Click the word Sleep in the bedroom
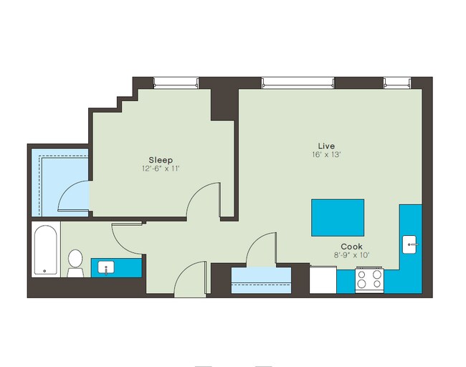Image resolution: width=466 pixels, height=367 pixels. (x=161, y=159)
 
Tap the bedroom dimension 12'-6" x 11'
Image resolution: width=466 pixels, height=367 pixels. (x=161, y=169)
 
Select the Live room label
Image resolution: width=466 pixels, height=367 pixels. (x=327, y=146)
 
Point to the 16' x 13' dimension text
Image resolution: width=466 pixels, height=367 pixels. (x=327, y=155)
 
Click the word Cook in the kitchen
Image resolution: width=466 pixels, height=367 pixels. (x=351, y=246)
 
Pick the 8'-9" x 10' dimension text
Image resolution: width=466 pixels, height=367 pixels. (x=351, y=255)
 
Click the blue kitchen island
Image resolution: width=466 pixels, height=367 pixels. (x=337, y=217)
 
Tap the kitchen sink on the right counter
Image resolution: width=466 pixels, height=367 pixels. (x=410, y=245)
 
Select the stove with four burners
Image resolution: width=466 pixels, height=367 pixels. (x=370, y=279)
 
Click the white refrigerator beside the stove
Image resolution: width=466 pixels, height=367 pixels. (x=323, y=279)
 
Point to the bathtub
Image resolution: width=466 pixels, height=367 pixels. (x=45, y=251)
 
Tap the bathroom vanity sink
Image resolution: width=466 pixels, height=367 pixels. (x=106, y=268)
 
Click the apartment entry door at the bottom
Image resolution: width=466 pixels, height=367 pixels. (x=190, y=280)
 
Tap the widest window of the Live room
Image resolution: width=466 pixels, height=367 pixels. (x=298, y=83)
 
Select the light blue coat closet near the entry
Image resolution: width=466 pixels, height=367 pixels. (x=261, y=279)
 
